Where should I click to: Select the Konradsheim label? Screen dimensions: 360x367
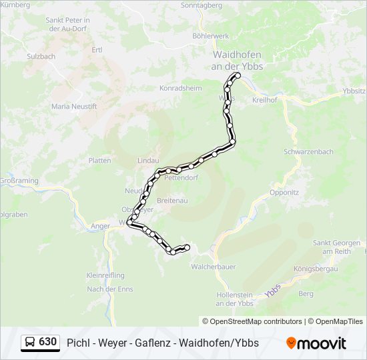(180, 87)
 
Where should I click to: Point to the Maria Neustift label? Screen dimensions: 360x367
(74, 106)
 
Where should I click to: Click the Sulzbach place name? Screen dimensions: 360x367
(41, 57)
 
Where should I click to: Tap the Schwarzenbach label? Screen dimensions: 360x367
(308, 152)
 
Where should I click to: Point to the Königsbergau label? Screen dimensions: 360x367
(316, 268)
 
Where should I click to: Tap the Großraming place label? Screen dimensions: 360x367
(17, 181)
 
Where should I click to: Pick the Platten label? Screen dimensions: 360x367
(99, 161)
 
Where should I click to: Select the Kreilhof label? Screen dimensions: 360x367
(265, 99)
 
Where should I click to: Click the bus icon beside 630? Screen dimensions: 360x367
(30, 343)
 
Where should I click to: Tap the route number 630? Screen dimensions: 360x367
(48, 342)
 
